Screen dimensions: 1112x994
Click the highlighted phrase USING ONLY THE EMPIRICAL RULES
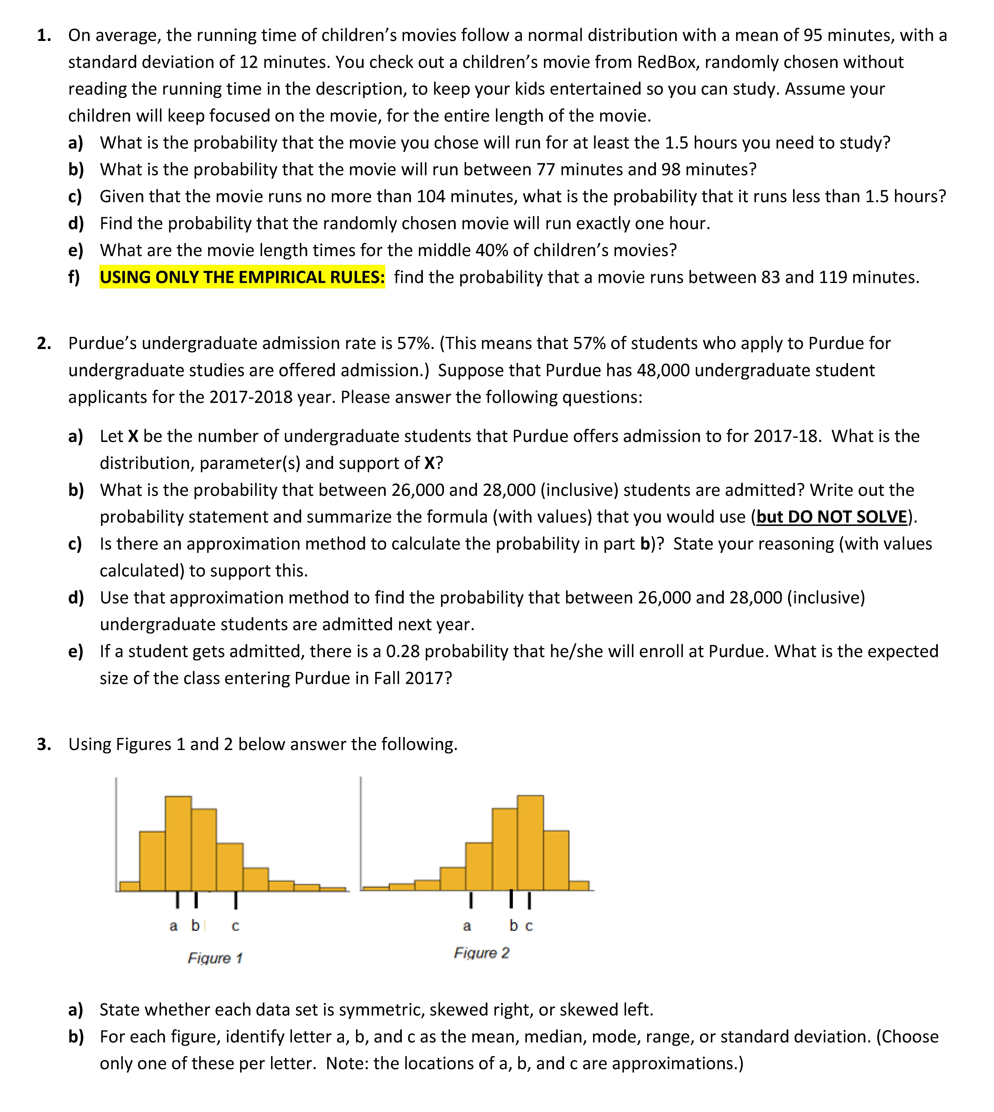point(242,277)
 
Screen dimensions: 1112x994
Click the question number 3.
point(44,744)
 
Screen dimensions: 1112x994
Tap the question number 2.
point(44,344)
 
